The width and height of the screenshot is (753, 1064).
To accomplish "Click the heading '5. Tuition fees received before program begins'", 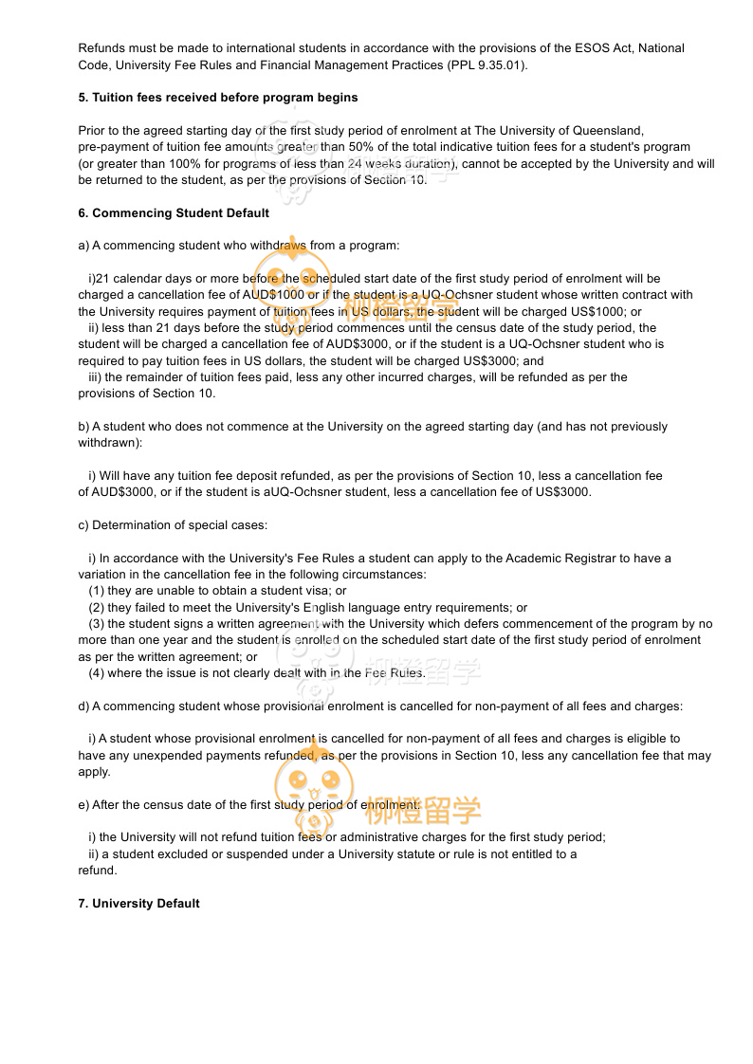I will pyautogui.click(x=218, y=98).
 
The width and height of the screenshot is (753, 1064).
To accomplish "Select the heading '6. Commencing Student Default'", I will pyautogui.click(x=174, y=213).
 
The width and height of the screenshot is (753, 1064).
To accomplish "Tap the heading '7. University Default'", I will pyautogui.click(x=138, y=904).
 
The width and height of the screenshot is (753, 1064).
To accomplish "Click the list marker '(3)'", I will pyautogui.click(x=97, y=624).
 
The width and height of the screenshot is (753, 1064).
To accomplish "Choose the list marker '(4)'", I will pyautogui.click(x=97, y=673).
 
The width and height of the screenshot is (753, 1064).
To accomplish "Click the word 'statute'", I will pyautogui.click(x=430, y=854).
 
